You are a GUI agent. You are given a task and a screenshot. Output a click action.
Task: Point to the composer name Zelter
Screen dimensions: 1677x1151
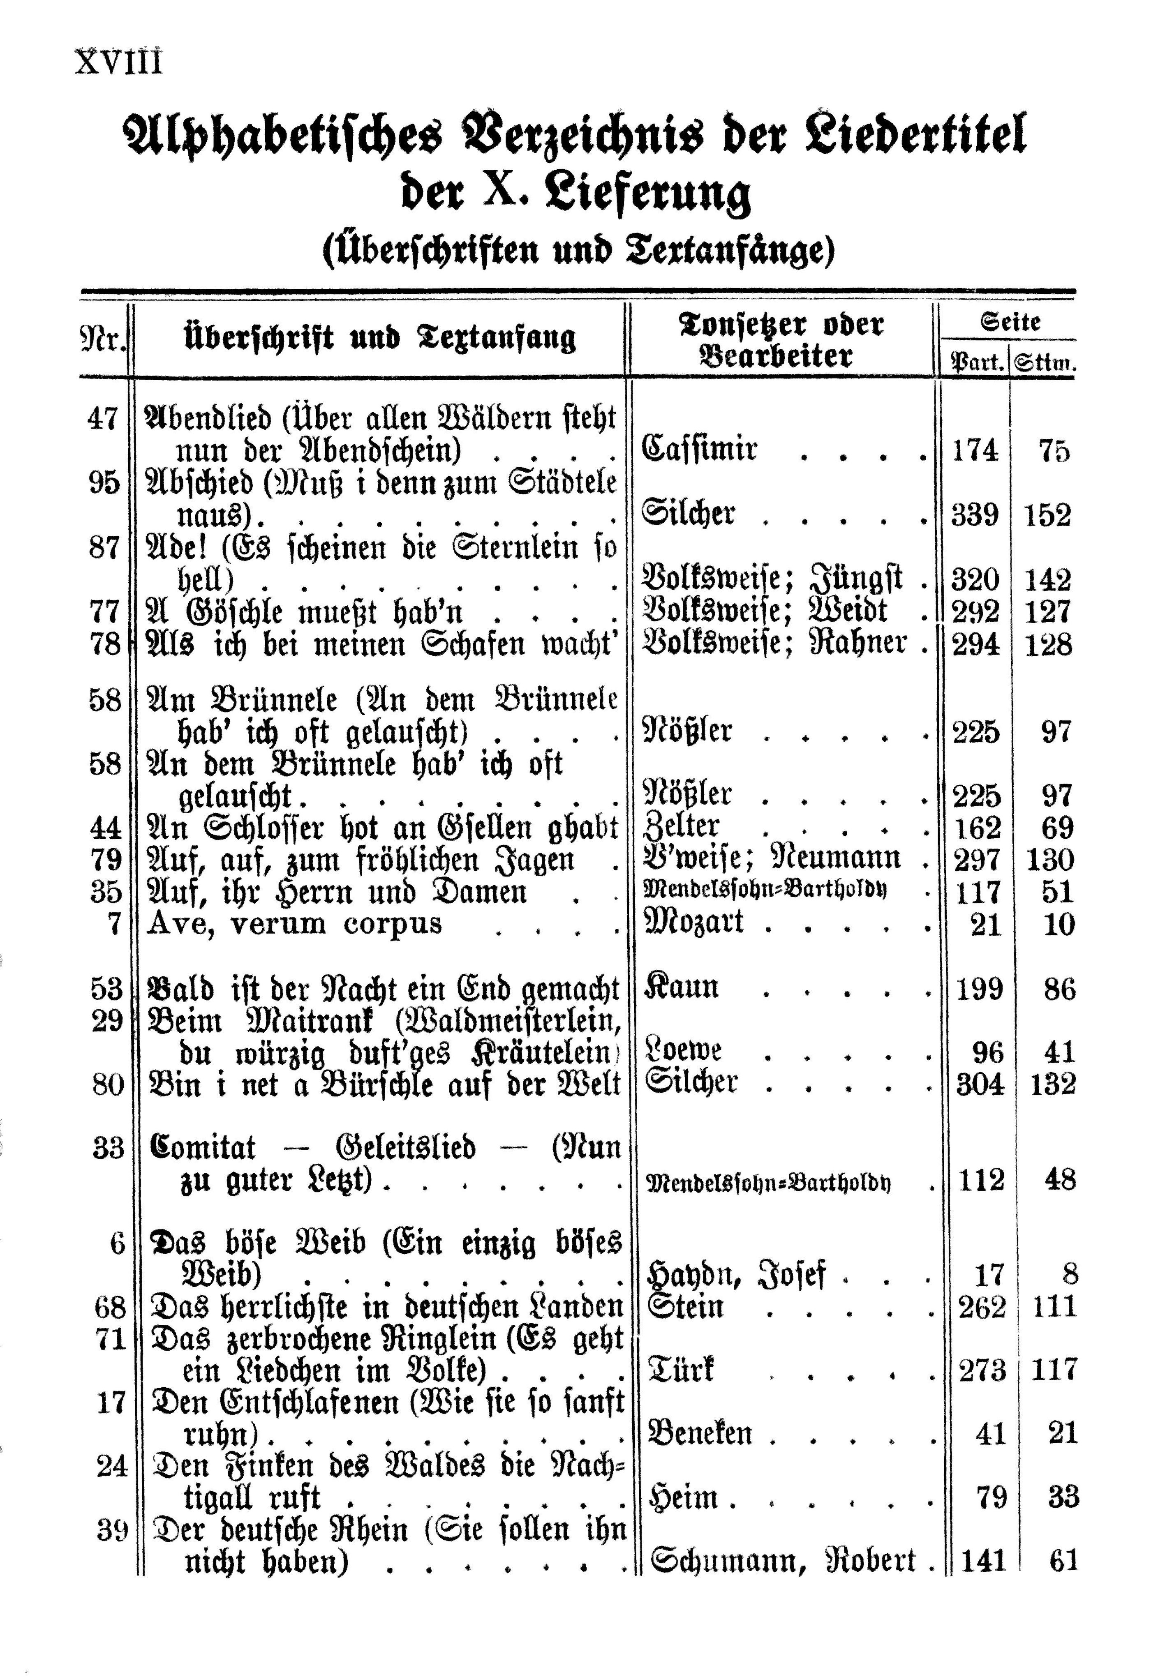point(680,827)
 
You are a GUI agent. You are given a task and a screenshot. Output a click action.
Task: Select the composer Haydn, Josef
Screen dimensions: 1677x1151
point(737,1275)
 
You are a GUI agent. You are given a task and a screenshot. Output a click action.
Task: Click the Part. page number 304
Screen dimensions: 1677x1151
point(979,1083)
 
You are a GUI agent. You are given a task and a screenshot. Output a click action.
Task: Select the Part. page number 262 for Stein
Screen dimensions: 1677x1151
point(981,1307)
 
